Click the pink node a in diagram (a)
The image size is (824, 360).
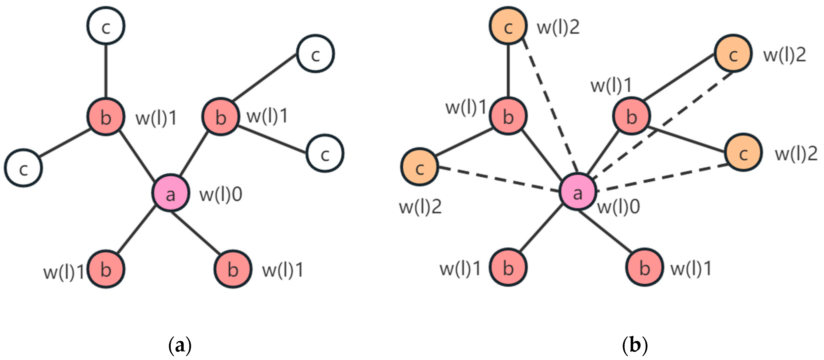pos(170,193)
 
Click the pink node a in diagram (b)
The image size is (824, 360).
pos(577,192)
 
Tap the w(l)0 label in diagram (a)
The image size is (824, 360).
pos(221,195)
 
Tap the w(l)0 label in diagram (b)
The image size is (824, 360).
pos(619,207)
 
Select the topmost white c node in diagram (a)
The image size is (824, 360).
pos(106,26)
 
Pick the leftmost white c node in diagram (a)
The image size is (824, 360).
pos(23,168)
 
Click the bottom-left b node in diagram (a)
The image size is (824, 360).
pos(106,269)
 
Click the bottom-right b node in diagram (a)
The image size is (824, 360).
pos(233,269)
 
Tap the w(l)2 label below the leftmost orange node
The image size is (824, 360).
pos(420,207)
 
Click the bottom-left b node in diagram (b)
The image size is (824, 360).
pos(508,267)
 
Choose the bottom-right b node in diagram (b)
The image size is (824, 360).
pos(644,267)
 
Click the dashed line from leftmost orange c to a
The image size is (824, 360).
pos(499,179)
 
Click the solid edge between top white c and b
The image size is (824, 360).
pos(106,70)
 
